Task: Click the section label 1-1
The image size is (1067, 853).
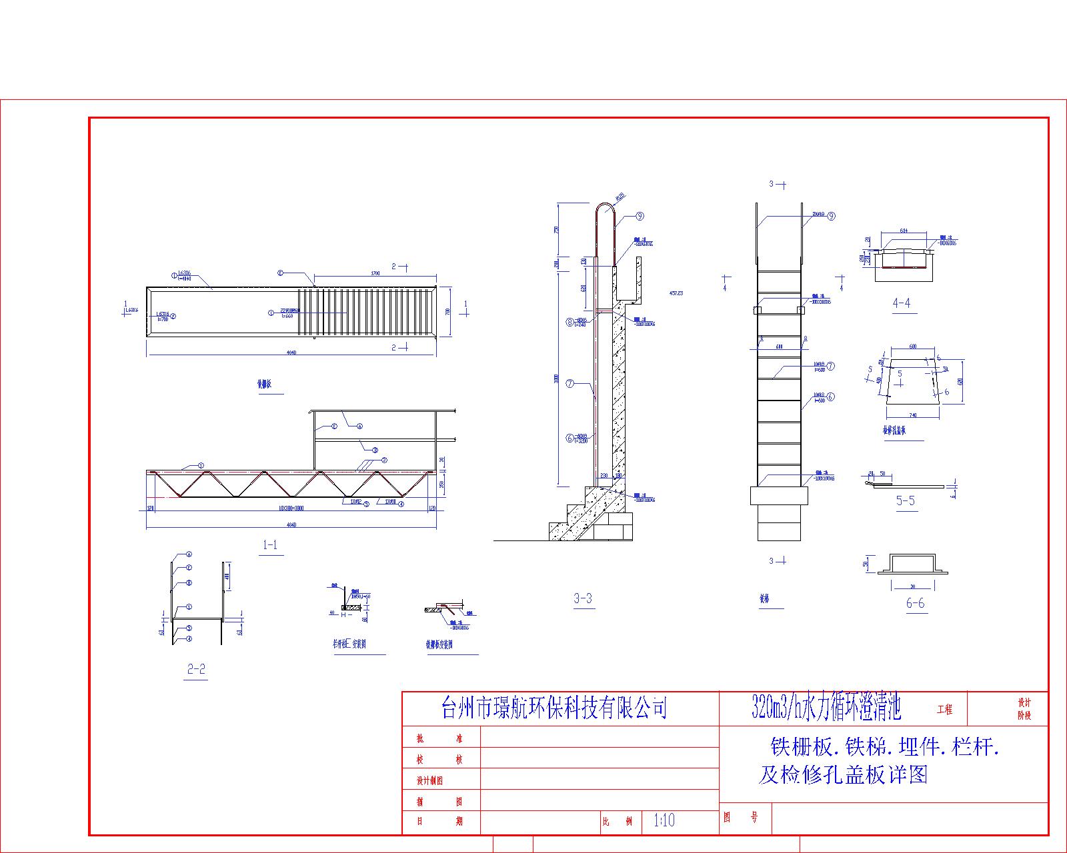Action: [270, 544]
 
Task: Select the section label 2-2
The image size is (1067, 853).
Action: [196, 669]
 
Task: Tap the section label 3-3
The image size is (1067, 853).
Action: [583, 598]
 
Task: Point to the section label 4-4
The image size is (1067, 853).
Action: [901, 303]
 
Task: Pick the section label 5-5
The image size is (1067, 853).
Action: [905, 500]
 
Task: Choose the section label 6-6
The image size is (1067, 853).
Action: [915, 603]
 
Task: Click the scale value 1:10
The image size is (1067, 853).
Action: [664, 820]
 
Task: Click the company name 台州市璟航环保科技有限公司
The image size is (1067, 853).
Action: [554, 708]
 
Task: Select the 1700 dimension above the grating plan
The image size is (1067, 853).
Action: [374, 273]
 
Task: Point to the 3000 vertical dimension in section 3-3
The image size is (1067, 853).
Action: [556, 379]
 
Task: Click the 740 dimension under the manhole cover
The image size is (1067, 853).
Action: [912, 415]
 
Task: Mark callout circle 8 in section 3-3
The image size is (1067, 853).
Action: [570, 322]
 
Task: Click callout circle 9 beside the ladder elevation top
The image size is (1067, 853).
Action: [831, 216]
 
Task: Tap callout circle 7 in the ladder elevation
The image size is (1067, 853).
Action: [830, 366]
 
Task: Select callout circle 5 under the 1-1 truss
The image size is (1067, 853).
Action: [366, 504]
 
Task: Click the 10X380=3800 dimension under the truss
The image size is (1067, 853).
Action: [291, 508]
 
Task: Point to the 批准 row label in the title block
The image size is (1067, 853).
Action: [439, 738]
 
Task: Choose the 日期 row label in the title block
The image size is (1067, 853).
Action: [439, 821]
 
